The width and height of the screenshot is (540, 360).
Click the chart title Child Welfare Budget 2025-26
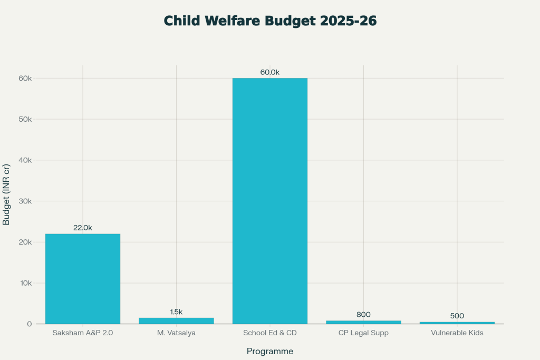tap(270, 21)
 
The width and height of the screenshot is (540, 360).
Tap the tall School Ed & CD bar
tap(270, 200)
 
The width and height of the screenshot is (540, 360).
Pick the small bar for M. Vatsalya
tap(176, 320)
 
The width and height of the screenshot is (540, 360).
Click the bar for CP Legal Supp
tap(363, 322)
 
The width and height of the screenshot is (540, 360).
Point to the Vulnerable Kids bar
tap(457, 323)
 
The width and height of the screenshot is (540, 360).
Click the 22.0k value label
tap(83, 228)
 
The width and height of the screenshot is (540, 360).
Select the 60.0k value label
tap(270, 72)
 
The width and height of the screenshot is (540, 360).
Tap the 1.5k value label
tap(176, 312)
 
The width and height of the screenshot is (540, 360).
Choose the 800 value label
tap(363, 315)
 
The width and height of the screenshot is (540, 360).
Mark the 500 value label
tap(457, 316)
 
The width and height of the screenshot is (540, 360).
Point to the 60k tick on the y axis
tap(25, 79)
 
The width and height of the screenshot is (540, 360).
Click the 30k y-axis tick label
tap(25, 201)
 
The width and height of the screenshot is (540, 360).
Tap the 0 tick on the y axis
tap(30, 324)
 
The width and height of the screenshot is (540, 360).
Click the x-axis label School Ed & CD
tap(270, 333)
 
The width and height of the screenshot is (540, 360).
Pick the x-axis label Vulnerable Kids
tap(457, 333)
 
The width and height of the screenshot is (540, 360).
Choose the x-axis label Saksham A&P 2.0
tap(83, 333)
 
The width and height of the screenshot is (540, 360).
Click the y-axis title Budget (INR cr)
tap(7, 194)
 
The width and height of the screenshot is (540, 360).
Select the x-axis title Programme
tap(270, 351)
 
